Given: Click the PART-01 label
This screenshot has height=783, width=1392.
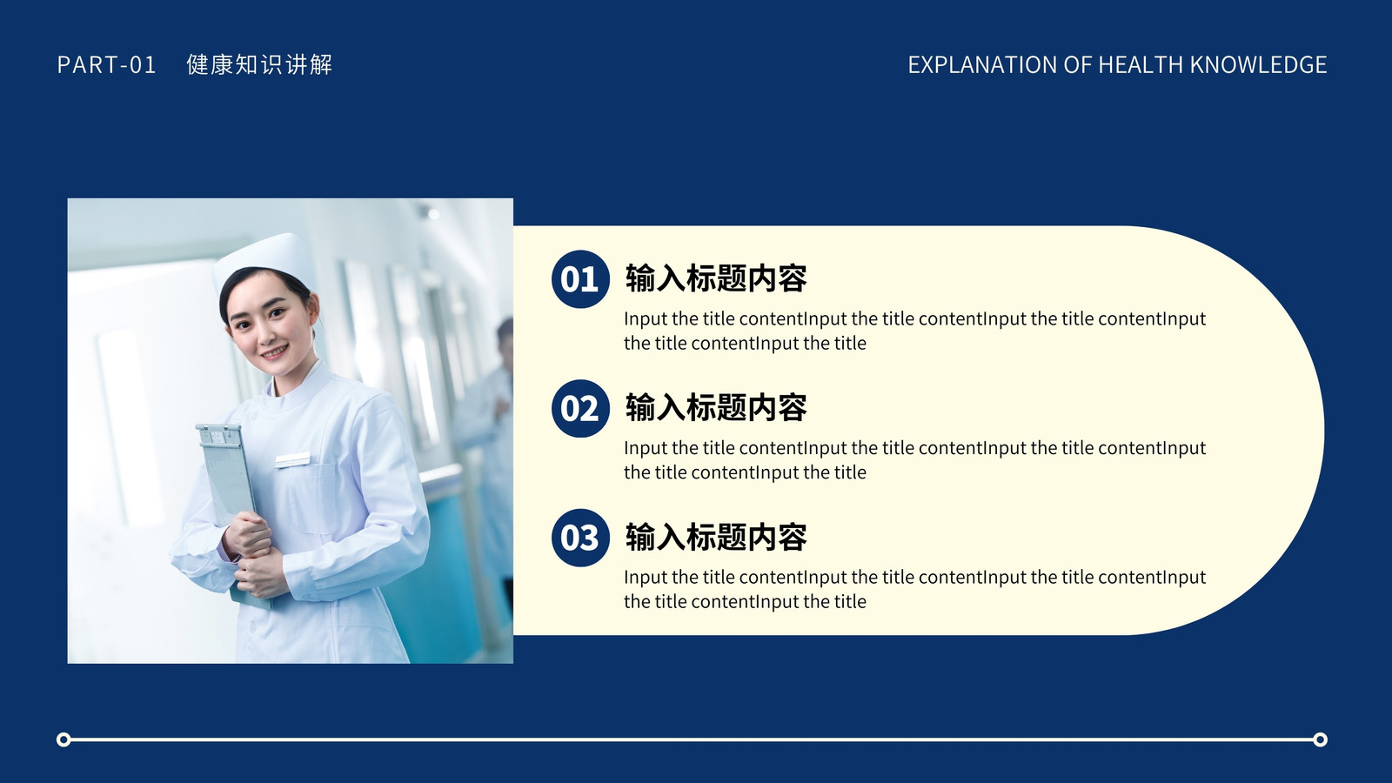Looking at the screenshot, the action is (106, 64).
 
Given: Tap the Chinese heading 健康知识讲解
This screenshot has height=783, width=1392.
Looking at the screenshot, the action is (259, 64).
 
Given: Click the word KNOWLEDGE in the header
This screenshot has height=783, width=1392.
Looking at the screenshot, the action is (1258, 64).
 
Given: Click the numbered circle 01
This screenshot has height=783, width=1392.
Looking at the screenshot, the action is (579, 279).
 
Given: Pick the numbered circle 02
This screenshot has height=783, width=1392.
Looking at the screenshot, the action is (579, 408).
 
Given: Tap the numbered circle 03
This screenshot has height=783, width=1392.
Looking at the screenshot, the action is (579, 538).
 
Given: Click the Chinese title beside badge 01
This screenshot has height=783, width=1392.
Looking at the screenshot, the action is (716, 278).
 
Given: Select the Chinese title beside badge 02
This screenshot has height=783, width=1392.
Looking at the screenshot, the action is (716, 407).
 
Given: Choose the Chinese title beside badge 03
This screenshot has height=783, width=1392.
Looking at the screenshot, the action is (716, 536).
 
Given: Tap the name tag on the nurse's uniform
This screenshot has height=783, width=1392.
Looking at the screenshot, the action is (292, 460).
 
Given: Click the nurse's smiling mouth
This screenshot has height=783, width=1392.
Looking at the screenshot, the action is (274, 352).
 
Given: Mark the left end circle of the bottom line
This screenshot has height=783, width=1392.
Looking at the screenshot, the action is (64, 739).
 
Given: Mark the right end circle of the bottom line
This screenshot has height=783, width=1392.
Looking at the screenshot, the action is (1321, 739).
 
